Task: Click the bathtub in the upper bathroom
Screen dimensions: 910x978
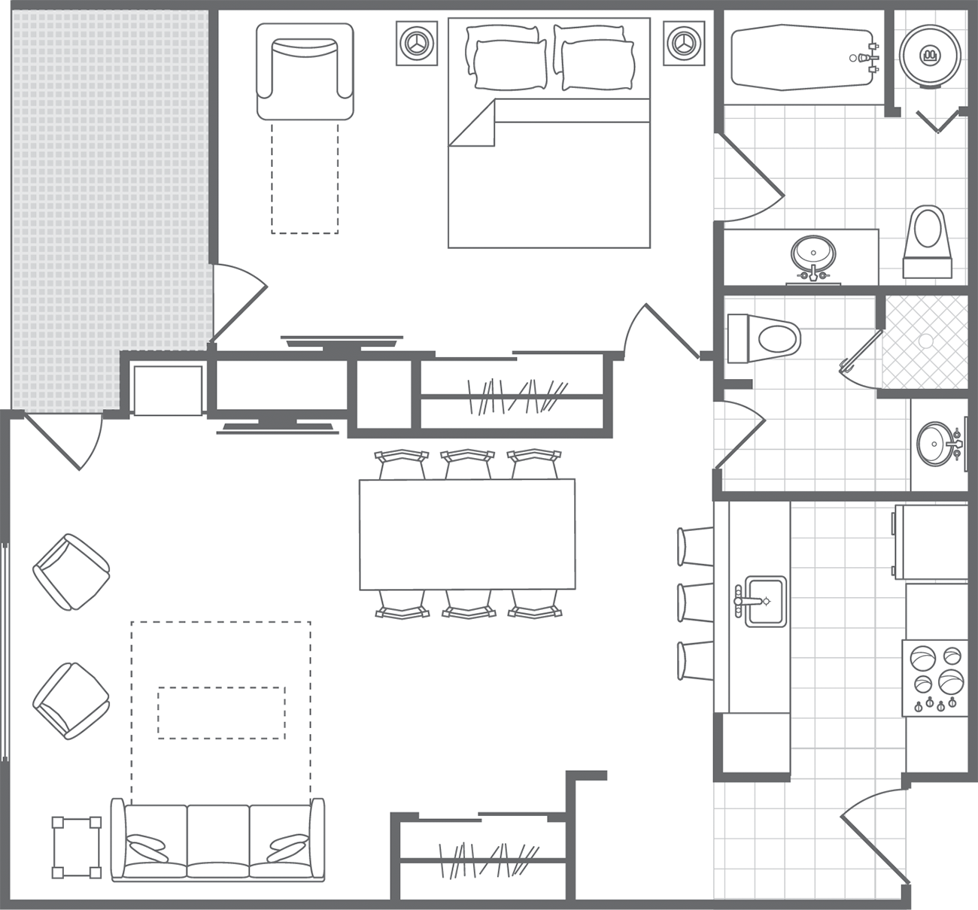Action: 801,57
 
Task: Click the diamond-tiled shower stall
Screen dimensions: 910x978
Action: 925,342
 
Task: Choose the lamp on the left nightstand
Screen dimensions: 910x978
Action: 417,43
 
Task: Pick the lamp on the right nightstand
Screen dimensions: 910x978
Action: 684,43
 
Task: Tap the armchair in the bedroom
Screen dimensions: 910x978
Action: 305,71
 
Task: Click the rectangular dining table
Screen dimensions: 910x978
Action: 467,534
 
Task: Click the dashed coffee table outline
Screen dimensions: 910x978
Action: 221,712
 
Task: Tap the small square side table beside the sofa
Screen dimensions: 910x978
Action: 76,848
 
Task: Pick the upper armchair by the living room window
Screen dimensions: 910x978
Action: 72,572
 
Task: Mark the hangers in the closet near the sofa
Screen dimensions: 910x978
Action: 490,859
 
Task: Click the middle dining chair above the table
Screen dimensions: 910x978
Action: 467,464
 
